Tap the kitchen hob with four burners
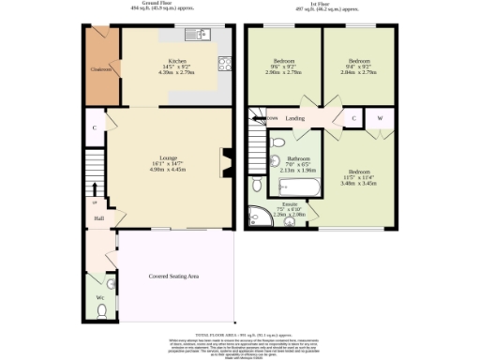tap(225, 64)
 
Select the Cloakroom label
tap(101, 68)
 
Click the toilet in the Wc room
tap(111, 281)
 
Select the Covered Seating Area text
tap(174, 277)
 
